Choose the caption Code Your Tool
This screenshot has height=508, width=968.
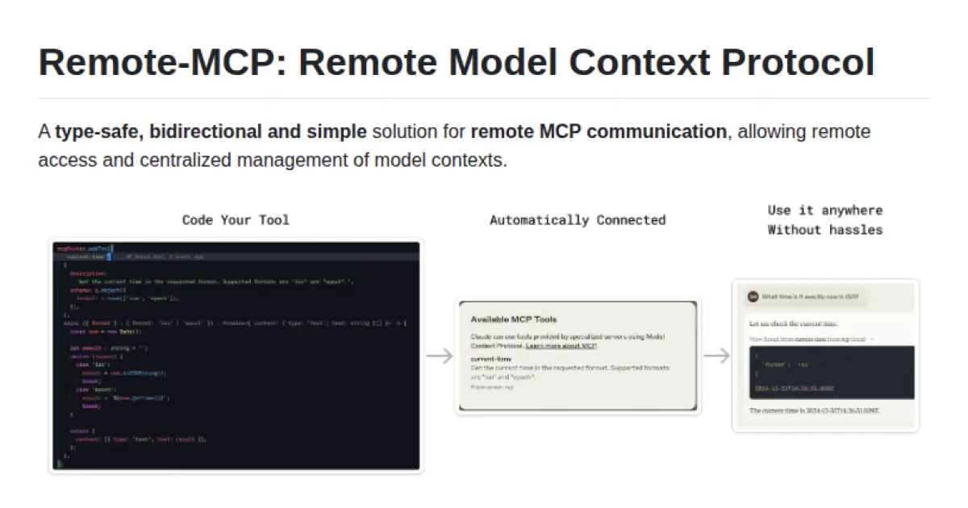click(x=235, y=219)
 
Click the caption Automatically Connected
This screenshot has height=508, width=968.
click(x=578, y=219)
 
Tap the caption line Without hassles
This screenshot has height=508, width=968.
click(x=824, y=230)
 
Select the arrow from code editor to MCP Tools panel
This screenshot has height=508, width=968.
click(x=439, y=356)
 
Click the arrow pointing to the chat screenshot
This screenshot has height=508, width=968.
click(x=716, y=356)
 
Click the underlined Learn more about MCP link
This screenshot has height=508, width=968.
click(x=560, y=345)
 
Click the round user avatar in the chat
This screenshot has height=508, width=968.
click(x=753, y=297)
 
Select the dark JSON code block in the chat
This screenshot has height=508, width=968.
click(x=826, y=373)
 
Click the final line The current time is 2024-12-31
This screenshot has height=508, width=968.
click(x=814, y=410)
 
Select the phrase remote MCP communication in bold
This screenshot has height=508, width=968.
click(x=599, y=131)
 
